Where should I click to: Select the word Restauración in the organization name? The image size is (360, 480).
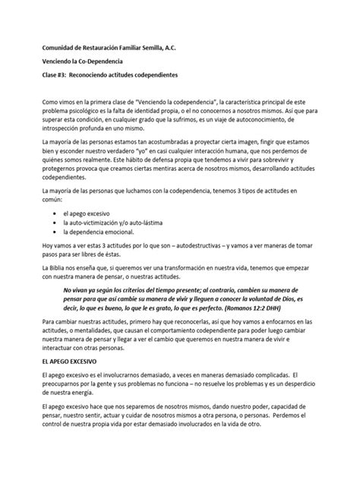[x=111, y=46]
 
